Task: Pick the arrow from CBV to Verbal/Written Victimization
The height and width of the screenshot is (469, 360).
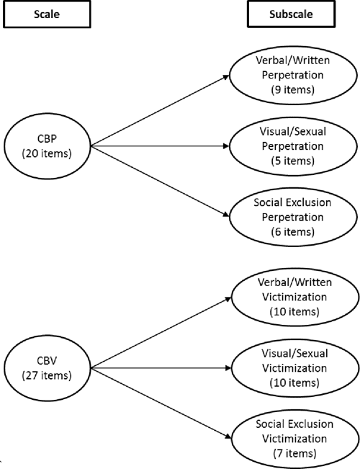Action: [158, 329]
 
